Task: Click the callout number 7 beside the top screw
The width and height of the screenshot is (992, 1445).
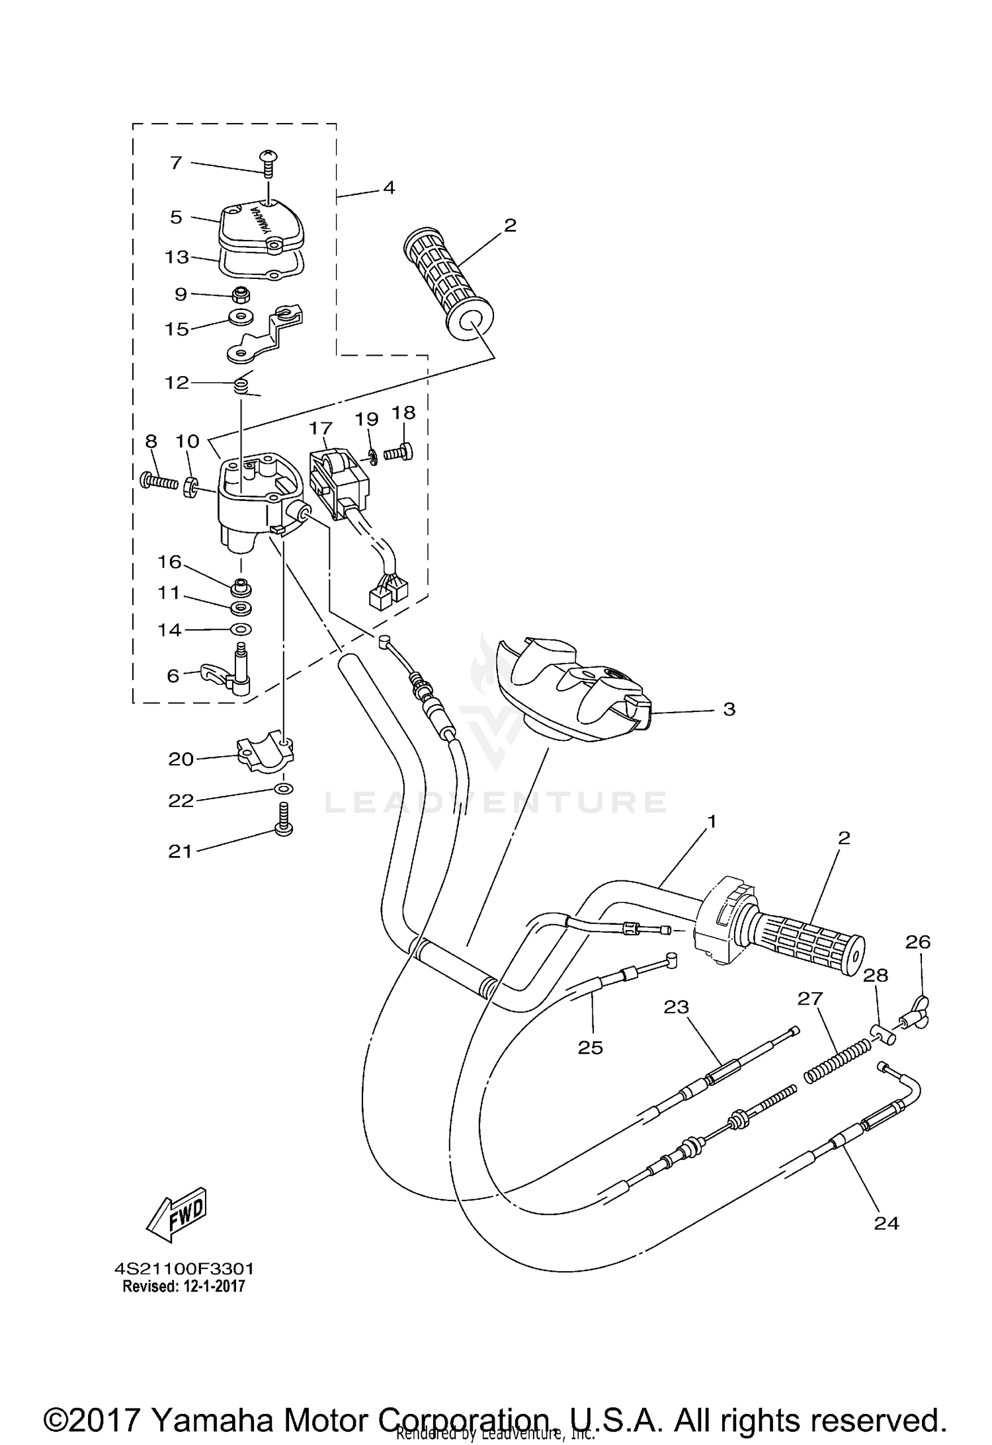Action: [x=176, y=162]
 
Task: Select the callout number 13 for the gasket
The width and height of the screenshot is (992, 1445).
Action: [x=177, y=256]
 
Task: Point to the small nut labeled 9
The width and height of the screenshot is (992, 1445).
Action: [x=241, y=293]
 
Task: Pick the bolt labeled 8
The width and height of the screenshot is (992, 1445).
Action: [x=159, y=481]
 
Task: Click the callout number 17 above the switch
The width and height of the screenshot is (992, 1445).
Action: [x=320, y=429]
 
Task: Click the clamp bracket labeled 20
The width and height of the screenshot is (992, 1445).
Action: [x=264, y=756]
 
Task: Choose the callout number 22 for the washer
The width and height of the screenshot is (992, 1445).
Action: [x=181, y=801]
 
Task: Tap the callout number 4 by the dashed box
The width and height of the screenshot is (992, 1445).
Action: [x=389, y=188]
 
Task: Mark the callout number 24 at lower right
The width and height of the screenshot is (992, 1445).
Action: [x=886, y=1223]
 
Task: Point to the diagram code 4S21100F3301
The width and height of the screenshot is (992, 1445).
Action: [x=184, y=1269]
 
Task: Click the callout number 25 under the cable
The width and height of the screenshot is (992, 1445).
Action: [x=591, y=1047]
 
